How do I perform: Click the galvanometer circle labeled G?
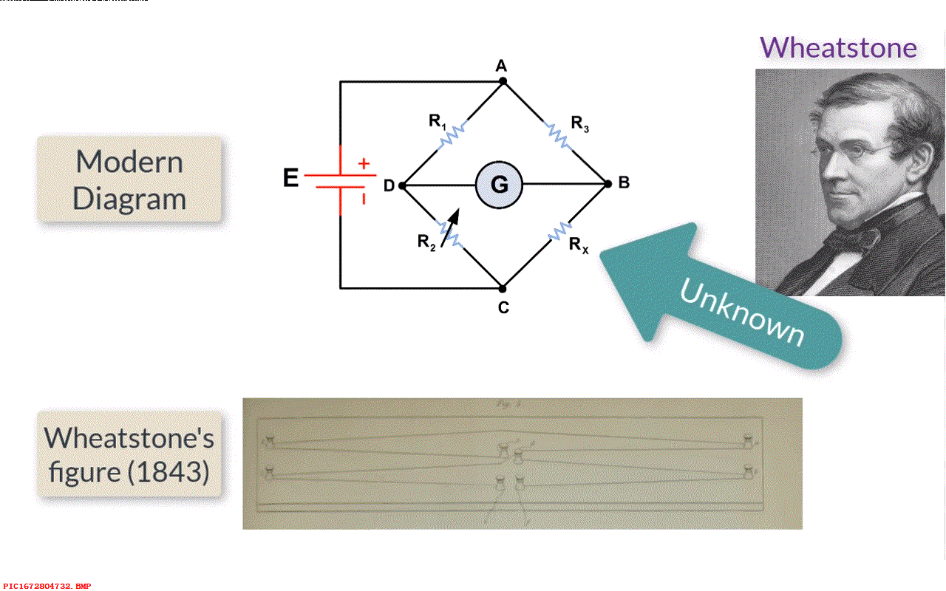click(499, 184)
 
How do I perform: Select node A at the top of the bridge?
click(503, 81)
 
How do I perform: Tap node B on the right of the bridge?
click(608, 184)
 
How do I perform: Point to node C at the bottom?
click(503, 287)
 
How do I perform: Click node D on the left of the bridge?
click(401, 185)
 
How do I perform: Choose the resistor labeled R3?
click(556, 134)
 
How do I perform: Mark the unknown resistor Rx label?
click(578, 245)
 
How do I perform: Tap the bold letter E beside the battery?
click(292, 178)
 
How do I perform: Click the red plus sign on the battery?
click(364, 164)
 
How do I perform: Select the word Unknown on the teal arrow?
click(741, 313)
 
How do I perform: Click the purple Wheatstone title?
click(838, 47)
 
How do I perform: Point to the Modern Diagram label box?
click(129, 180)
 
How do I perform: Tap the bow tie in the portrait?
click(850, 239)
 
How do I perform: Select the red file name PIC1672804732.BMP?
click(47, 586)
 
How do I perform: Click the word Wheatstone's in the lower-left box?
click(129, 438)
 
